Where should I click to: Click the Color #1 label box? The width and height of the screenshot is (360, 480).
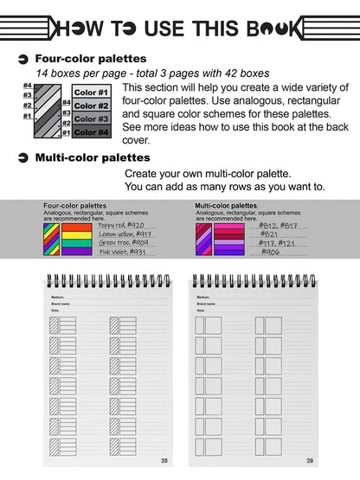click(92, 93)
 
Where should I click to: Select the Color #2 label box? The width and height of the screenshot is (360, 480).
click(92, 106)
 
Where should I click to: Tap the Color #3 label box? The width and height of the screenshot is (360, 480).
click(92, 118)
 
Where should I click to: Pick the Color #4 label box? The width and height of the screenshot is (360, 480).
click(92, 132)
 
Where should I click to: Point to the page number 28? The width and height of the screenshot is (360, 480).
click(163, 460)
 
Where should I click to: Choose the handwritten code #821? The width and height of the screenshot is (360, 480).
click(269, 234)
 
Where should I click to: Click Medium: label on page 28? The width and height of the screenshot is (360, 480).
click(58, 297)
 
